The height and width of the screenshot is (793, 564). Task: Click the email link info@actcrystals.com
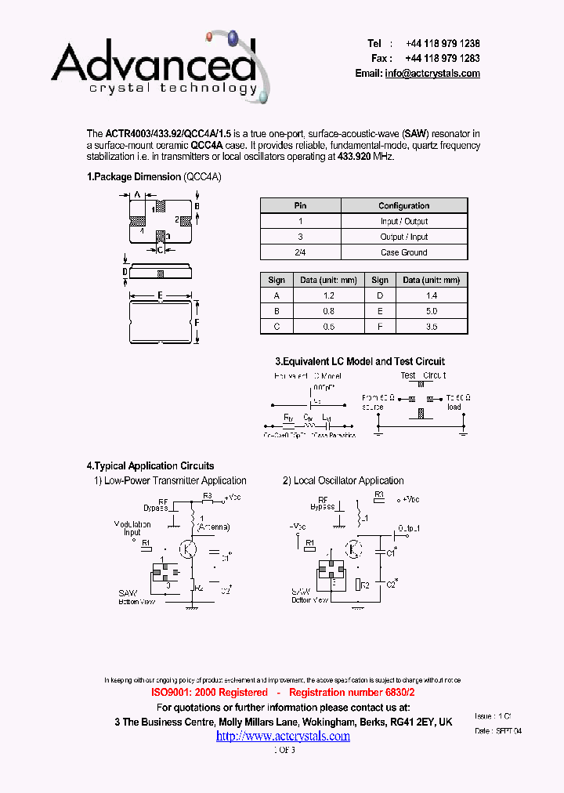[x=432, y=74]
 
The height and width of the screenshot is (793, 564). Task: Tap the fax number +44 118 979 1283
[x=443, y=59]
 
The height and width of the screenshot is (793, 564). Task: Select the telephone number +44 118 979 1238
[x=443, y=44]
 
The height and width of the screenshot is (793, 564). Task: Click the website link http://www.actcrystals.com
[x=283, y=736]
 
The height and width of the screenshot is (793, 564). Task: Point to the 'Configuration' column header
[x=404, y=205]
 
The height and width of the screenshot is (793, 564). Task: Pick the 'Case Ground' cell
[x=404, y=252]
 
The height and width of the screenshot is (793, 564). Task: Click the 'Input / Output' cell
[x=404, y=221]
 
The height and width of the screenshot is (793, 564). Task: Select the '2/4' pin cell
[x=300, y=252]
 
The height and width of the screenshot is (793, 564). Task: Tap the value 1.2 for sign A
[x=328, y=295]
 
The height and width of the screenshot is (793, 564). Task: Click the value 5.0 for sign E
[x=432, y=311]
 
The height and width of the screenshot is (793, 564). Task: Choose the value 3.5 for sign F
[x=432, y=327]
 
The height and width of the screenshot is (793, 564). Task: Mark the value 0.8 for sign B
[x=328, y=311]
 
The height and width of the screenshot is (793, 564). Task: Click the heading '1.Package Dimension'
[x=134, y=177]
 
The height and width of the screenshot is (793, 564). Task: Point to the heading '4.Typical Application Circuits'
[x=150, y=465]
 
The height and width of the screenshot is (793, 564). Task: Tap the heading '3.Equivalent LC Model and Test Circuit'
[x=360, y=361]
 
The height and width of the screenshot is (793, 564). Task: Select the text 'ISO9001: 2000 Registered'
[x=209, y=693]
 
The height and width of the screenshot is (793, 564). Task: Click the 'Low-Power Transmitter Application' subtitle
[x=175, y=481]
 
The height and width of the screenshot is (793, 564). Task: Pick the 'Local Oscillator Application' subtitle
[x=349, y=481]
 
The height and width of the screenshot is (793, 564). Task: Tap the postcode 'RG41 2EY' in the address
[x=411, y=722]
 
